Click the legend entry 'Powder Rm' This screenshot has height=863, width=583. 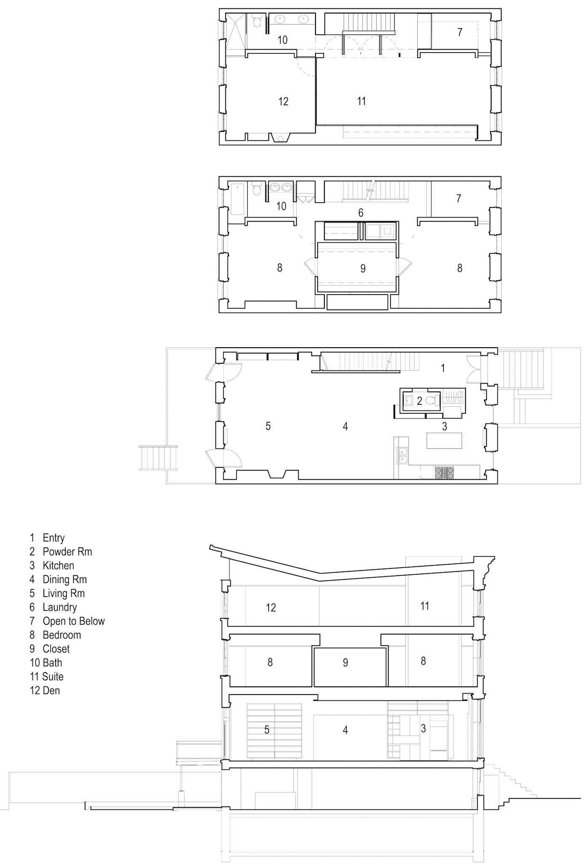click(67, 552)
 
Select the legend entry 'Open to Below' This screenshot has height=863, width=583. click(74, 621)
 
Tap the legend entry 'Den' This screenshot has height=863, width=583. click(51, 691)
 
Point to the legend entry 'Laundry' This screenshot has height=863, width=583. click(59, 607)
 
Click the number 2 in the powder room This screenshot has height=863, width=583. click(420, 401)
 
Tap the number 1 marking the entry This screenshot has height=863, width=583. click(443, 368)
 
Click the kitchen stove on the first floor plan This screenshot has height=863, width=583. click(445, 472)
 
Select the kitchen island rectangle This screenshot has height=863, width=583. click(444, 441)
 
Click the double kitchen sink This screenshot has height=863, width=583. click(402, 456)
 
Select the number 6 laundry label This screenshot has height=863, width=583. click(361, 213)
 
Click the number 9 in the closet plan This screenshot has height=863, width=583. click(363, 268)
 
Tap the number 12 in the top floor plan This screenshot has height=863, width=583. click(283, 101)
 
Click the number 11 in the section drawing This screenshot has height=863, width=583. click(425, 606)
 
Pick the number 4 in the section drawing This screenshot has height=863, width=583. click(345, 730)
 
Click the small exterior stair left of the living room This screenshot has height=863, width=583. click(158, 458)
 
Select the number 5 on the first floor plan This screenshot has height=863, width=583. click(268, 426)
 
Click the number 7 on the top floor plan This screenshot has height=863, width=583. click(460, 32)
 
